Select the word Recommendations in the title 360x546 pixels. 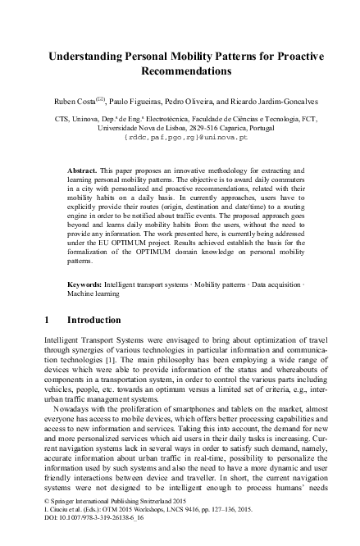pyautogui.click(x=180, y=71)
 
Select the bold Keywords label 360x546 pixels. pyautogui.click(x=85, y=284)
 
